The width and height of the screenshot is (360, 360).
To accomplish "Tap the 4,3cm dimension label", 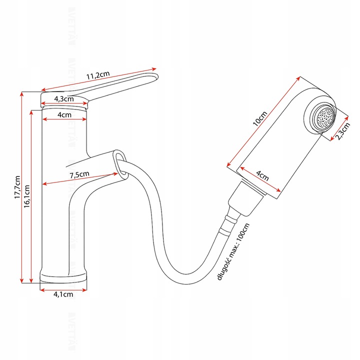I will coord(65,98).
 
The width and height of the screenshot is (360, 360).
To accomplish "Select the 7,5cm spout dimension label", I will coord(79,174).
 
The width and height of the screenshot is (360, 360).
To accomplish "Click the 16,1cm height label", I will coord(27,195).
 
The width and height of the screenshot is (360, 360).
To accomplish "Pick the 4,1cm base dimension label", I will coord(63,294).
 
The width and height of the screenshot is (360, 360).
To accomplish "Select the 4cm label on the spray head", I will coord(262,176).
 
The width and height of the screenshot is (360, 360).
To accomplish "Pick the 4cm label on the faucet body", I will coord(64,115).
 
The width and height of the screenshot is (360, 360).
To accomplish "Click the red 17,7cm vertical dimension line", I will coord(22,187).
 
